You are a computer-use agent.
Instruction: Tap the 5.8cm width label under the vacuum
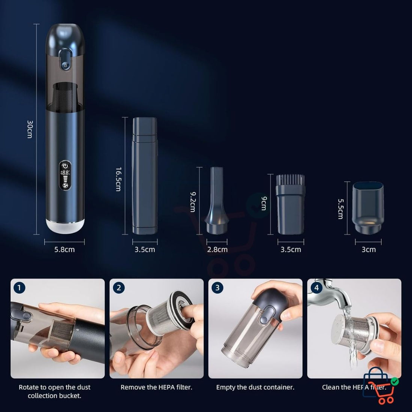pos(64,249)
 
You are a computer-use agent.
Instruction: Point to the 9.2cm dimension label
pos(193,202)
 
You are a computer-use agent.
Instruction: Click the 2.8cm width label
pos(217,249)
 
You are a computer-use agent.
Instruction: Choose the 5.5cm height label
pos(340,209)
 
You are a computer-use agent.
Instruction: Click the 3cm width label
pos(369,249)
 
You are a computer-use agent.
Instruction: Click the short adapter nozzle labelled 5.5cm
pos(369,207)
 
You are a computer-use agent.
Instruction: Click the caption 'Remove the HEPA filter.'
pos(156,387)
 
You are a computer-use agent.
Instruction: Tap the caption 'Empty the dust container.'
pos(255,387)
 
